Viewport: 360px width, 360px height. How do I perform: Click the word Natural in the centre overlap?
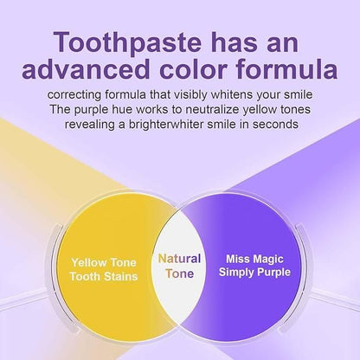coord(179,258)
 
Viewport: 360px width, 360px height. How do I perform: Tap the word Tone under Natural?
coord(179,273)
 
